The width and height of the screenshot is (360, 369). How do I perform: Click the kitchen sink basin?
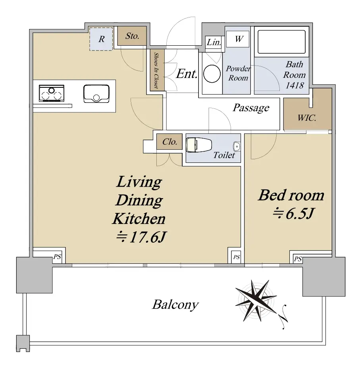pyautogui.click(x=96, y=94)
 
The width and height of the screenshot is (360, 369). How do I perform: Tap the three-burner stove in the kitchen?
pyautogui.click(x=52, y=93)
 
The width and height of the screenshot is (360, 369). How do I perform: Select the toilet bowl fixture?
pyautogui.click(x=199, y=145)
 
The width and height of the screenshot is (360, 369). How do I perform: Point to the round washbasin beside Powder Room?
pyautogui.click(x=212, y=73)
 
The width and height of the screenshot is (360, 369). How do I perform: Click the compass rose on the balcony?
pyautogui.click(x=256, y=301)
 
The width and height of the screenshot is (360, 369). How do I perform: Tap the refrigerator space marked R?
pyautogui.click(x=101, y=39)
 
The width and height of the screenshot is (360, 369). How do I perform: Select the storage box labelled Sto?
pyautogui.click(x=132, y=36)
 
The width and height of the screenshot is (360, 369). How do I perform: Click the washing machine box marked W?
pyautogui.click(x=238, y=39)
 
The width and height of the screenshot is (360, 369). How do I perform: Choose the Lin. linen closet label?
pyautogui.click(x=214, y=43)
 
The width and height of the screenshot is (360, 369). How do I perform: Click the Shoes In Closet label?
pyautogui.click(x=156, y=70)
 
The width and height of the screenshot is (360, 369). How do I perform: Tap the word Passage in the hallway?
pyautogui.click(x=251, y=108)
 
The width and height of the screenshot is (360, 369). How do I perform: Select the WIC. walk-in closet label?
pyautogui.click(x=307, y=118)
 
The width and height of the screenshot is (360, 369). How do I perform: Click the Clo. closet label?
pyautogui.click(x=169, y=142)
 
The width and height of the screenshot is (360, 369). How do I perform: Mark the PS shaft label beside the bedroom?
pyautogui.click(x=298, y=259)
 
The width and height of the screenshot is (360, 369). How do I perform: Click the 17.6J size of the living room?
pyautogui.click(x=142, y=237)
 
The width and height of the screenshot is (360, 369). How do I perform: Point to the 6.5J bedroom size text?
pyautogui.click(x=293, y=213)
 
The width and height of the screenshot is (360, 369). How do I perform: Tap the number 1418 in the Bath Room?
pyautogui.click(x=295, y=85)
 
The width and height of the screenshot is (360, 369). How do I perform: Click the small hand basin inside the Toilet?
pyautogui.click(x=237, y=147)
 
